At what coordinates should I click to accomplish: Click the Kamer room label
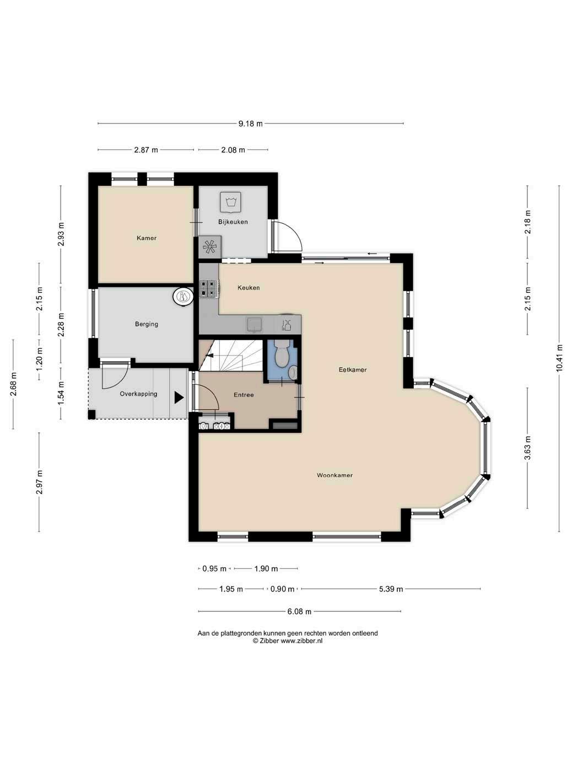pos(146,238)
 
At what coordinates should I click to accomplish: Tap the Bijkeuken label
pos(233,222)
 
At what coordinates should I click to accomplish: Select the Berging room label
pos(146,324)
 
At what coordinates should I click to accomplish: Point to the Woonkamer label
pos(334,475)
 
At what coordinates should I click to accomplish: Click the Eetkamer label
pos(353,370)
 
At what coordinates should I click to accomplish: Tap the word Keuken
pos(249,288)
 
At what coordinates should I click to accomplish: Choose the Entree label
pos(244,395)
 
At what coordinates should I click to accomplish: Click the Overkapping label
pos(138,394)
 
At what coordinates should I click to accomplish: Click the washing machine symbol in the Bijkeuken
pos(230,202)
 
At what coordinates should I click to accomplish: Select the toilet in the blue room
pos(282,353)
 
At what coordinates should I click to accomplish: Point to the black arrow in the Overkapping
pos(179,397)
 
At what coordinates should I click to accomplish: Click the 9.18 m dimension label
pos(250,123)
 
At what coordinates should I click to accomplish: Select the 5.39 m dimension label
pos(391,589)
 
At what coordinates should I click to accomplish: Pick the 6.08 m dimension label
pos(299,611)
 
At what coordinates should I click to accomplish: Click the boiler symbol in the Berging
pos(183,297)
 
